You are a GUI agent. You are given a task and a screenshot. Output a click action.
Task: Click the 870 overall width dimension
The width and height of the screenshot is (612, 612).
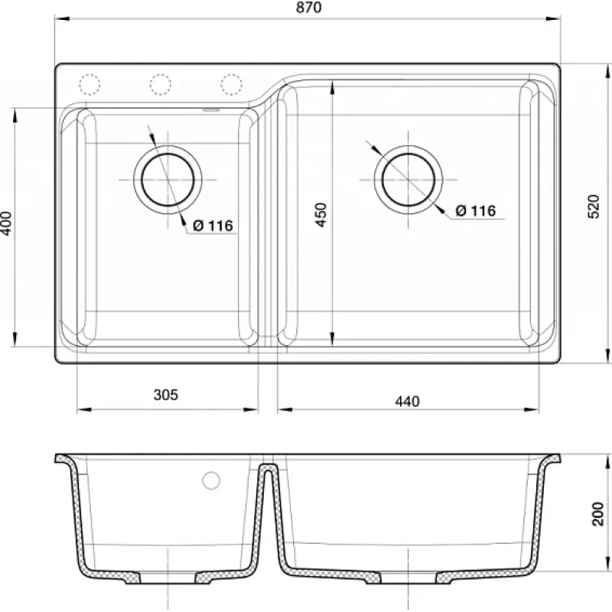(309, 8)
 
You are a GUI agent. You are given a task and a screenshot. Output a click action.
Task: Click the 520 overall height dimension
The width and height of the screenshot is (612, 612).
(594, 207)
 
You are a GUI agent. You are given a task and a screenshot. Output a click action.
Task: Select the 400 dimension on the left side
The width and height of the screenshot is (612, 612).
(7, 223)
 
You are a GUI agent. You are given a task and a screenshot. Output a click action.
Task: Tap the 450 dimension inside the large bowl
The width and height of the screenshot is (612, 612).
(321, 215)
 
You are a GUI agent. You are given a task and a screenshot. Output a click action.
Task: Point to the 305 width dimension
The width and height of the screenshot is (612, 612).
(166, 395)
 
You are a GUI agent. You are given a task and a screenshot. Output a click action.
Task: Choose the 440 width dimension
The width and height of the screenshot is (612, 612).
(407, 401)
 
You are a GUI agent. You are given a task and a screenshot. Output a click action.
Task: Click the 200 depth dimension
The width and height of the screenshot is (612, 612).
(597, 514)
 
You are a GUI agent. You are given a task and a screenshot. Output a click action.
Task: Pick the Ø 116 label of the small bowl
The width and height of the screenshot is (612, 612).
(213, 225)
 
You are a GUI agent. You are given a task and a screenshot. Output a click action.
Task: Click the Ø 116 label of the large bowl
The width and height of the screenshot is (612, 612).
(475, 211)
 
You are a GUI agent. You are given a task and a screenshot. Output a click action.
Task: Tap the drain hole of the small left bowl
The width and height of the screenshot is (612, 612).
(168, 180)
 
